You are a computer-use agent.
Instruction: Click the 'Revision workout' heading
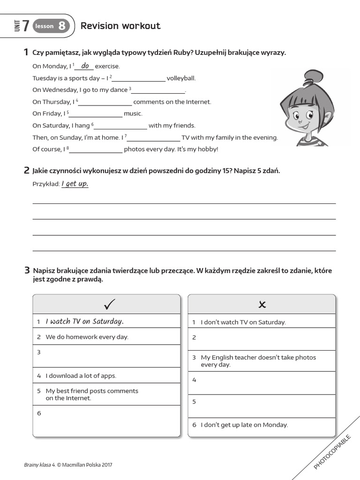(120, 26)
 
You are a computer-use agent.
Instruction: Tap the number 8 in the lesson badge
(62, 26)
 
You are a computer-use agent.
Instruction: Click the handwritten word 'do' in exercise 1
(85, 66)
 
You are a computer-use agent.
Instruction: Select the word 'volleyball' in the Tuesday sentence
(181, 78)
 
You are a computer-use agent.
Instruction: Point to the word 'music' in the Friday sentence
(133, 113)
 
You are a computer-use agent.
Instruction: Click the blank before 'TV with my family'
(154, 137)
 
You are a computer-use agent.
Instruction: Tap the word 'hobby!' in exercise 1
(208, 149)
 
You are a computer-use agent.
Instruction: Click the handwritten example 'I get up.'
(75, 184)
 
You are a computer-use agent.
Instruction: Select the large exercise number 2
(27, 171)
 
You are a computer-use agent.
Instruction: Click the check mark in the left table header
(109, 305)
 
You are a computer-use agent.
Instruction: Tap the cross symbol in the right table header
(262, 305)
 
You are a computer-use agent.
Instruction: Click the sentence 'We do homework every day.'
(87, 337)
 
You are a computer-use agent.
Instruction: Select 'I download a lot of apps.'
(81, 375)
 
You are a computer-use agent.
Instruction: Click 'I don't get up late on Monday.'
(244, 425)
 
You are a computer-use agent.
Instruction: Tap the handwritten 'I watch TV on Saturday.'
(84, 321)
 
